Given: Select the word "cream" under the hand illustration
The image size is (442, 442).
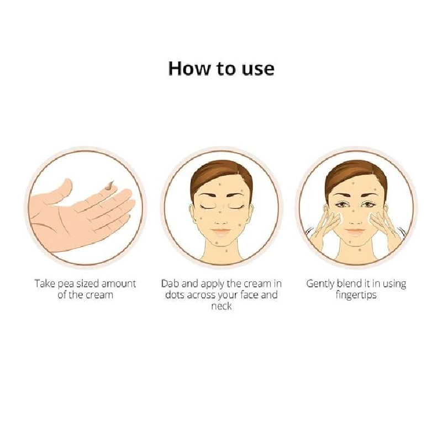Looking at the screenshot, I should pyautogui.click(x=99, y=294).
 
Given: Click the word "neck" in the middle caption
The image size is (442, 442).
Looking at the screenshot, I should pyautogui.click(x=221, y=306).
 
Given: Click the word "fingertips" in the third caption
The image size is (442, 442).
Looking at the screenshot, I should pyautogui.click(x=356, y=294).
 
